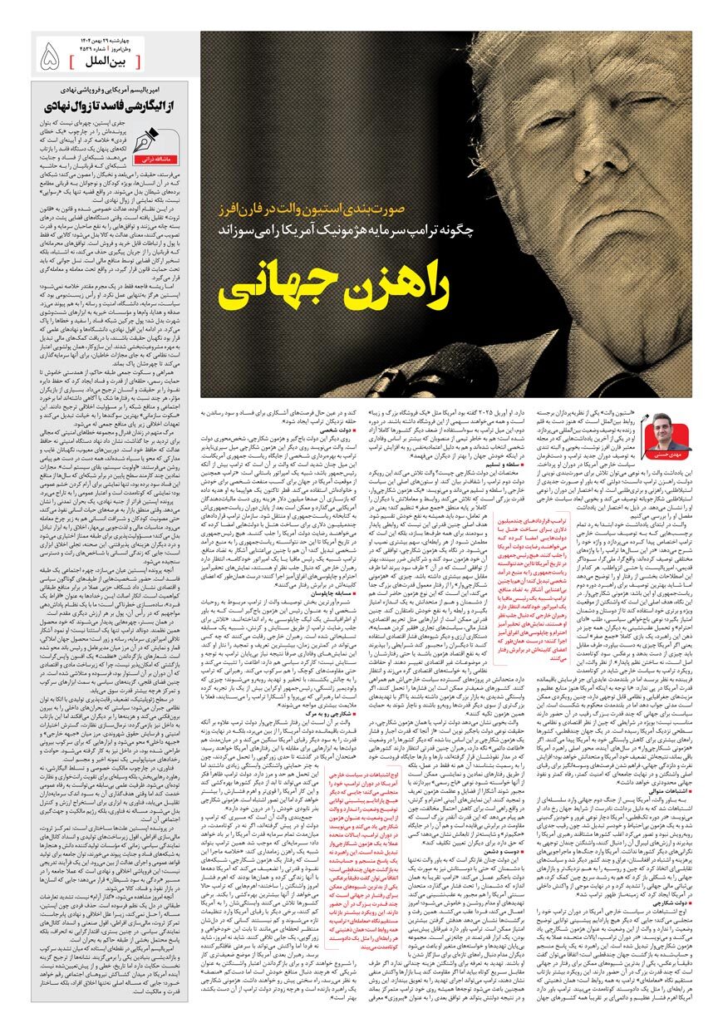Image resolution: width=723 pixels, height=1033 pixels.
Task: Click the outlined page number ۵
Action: (x=48, y=55)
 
